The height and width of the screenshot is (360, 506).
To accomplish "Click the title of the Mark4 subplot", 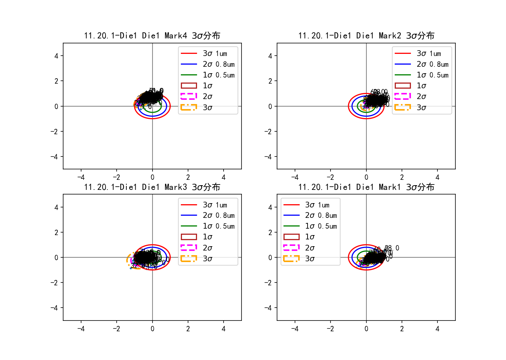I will coord(152,36).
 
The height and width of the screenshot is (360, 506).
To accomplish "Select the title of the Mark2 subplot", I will coord(366,36).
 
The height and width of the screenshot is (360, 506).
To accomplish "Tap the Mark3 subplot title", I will coord(152,187).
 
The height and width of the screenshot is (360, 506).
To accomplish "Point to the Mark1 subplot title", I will coord(366,187).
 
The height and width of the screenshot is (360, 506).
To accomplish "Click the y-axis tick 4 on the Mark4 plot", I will coord(56,56).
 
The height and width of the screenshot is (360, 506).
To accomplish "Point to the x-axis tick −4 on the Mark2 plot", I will coord(295,177).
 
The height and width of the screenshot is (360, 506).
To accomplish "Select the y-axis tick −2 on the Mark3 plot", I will coord(55,282).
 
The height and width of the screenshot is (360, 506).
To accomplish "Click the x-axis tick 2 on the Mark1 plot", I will coord(402,328).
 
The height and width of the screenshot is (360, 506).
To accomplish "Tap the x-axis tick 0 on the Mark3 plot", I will coord(153,328).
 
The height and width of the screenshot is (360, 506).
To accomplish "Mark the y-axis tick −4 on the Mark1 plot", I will coord(268,308).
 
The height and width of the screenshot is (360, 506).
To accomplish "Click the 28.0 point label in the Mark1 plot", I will coord(392,248).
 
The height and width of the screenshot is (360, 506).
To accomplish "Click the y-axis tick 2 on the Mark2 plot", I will coord(270,81).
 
